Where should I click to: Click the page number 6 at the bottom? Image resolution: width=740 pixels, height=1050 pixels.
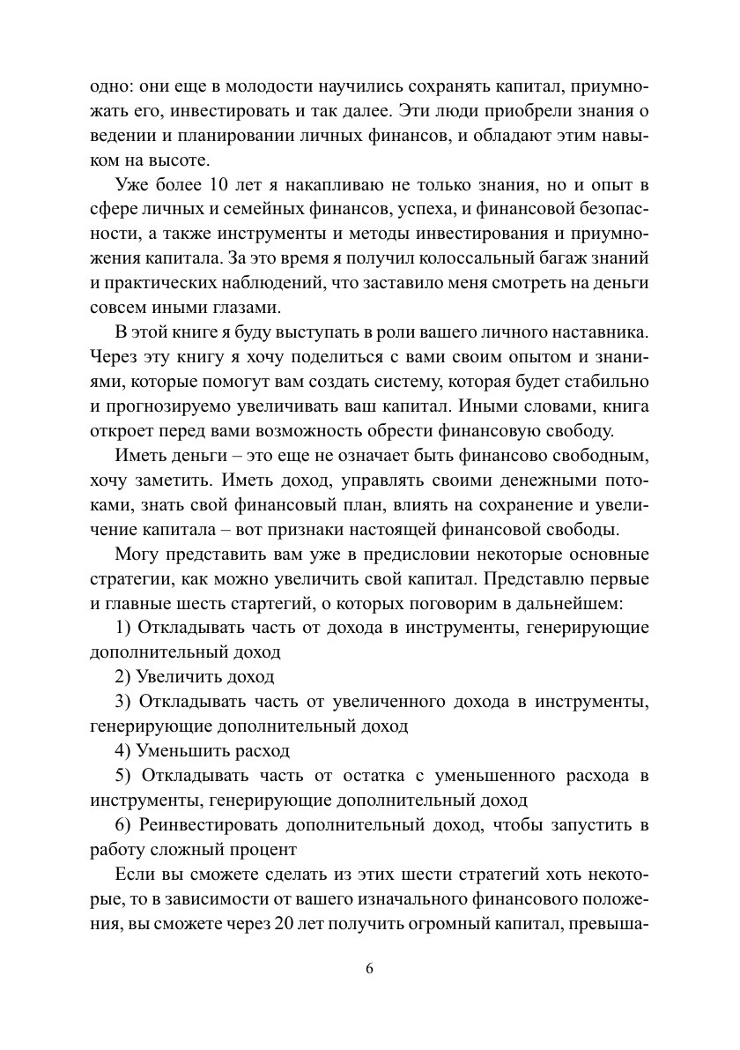tap(370, 968)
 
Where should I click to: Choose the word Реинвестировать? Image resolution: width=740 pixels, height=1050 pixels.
tap(208, 825)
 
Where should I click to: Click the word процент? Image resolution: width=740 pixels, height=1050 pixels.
tap(265, 850)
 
